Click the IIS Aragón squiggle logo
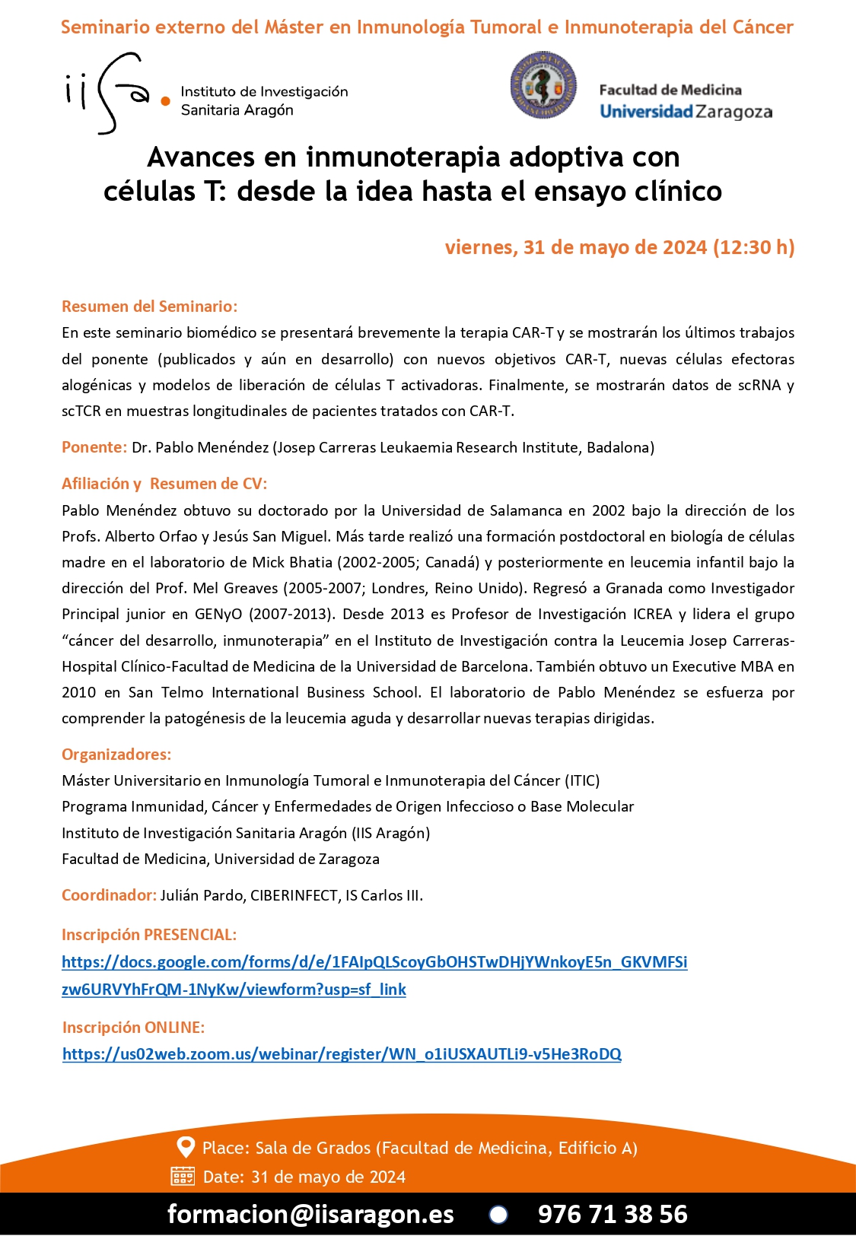click(x=114, y=94)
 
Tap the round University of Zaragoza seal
click(x=543, y=86)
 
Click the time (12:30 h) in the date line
click(x=753, y=247)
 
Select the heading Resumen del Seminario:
click(x=149, y=307)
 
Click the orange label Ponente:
click(x=94, y=447)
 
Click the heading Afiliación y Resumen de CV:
click(x=164, y=484)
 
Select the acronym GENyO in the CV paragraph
click(x=218, y=614)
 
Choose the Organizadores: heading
click(x=116, y=755)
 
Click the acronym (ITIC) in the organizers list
click(x=582, y=780)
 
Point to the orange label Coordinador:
click(x=109, y=895)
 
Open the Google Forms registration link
click(x=374, y=963)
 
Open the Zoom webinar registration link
click(x=342, y=1054)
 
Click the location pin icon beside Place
click(x=185, y=1147)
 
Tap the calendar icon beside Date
click(x=183, y=1177)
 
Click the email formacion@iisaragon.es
click(x=310, y=1214)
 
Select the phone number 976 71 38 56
click(x=613, y=1214)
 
